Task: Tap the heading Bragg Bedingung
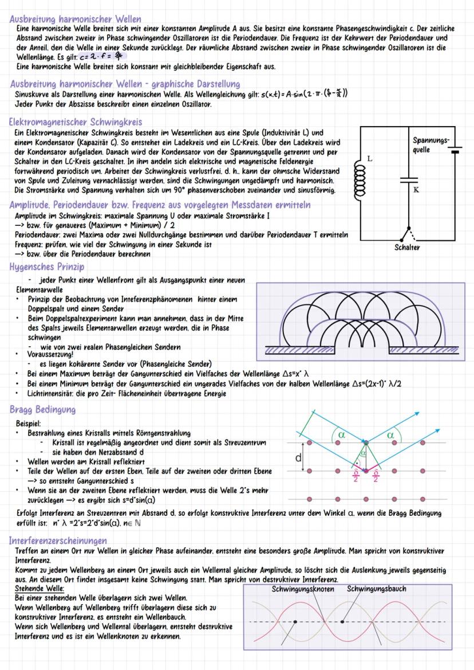pos(43,410)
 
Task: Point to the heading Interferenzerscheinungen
pos(58,540)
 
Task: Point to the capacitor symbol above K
pos(409,179)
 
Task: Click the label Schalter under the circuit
pos(408,248)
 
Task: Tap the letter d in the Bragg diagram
pos(298,458)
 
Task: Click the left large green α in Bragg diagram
pos(342,436)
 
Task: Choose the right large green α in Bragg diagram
pos(391,435)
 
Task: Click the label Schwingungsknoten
pos(303,589)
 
